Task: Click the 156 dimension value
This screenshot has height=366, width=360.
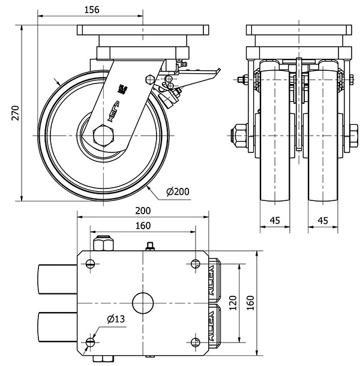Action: tap(91, 9)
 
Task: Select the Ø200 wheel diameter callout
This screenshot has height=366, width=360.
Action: tap(178, 191)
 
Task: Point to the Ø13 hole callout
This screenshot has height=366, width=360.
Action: tap(115, 319)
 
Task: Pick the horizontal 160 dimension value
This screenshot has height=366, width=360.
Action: tap(142, 226)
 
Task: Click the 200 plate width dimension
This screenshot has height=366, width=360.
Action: tap(142, 211)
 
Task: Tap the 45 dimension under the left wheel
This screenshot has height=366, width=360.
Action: tap(275, 220)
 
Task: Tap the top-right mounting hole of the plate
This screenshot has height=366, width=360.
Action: tap(196, 263)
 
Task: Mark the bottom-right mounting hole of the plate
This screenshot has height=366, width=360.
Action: tap(196, 342)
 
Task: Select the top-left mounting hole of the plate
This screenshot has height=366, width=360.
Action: tap(90, 263)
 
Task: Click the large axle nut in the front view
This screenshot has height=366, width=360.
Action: tap(239, 135)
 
